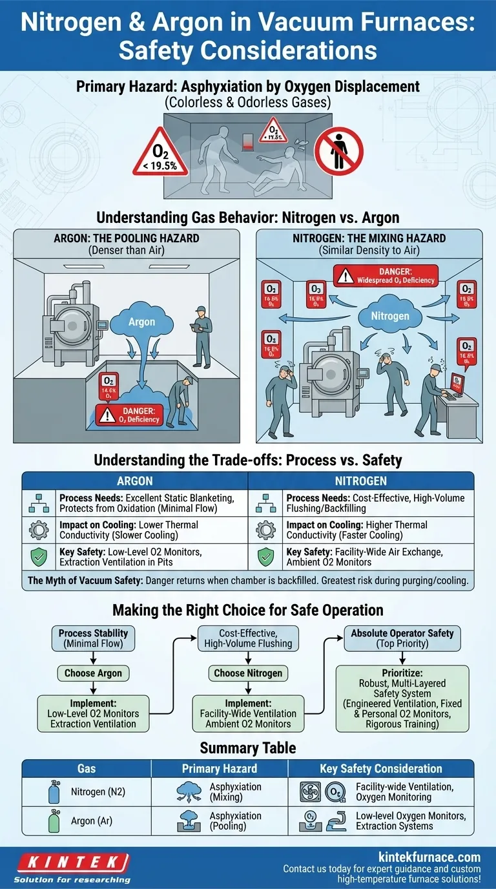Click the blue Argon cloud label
tap(141, 321)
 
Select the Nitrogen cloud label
tap(390, 316)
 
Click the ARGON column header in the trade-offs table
tap(135, 481)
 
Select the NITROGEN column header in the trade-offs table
tap(361, 481)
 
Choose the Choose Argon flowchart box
tap(94, 673)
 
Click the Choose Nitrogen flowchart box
tap(248, 673)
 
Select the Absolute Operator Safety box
tap(402, 638)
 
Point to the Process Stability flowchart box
tap(93, 638)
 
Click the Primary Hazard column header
tap(219, 768)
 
